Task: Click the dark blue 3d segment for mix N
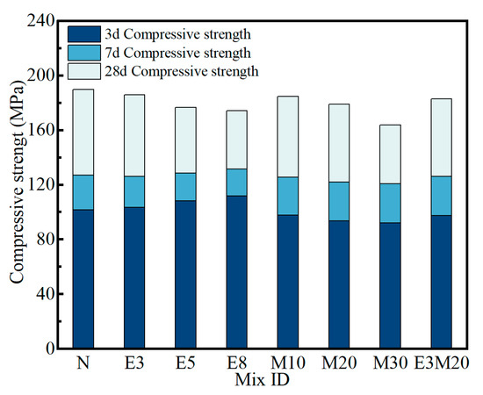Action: pos(83,278)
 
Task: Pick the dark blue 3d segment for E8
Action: pos(236,271)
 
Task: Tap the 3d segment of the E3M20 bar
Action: pos(440,281)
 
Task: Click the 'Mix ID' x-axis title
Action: pos(262,382)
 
